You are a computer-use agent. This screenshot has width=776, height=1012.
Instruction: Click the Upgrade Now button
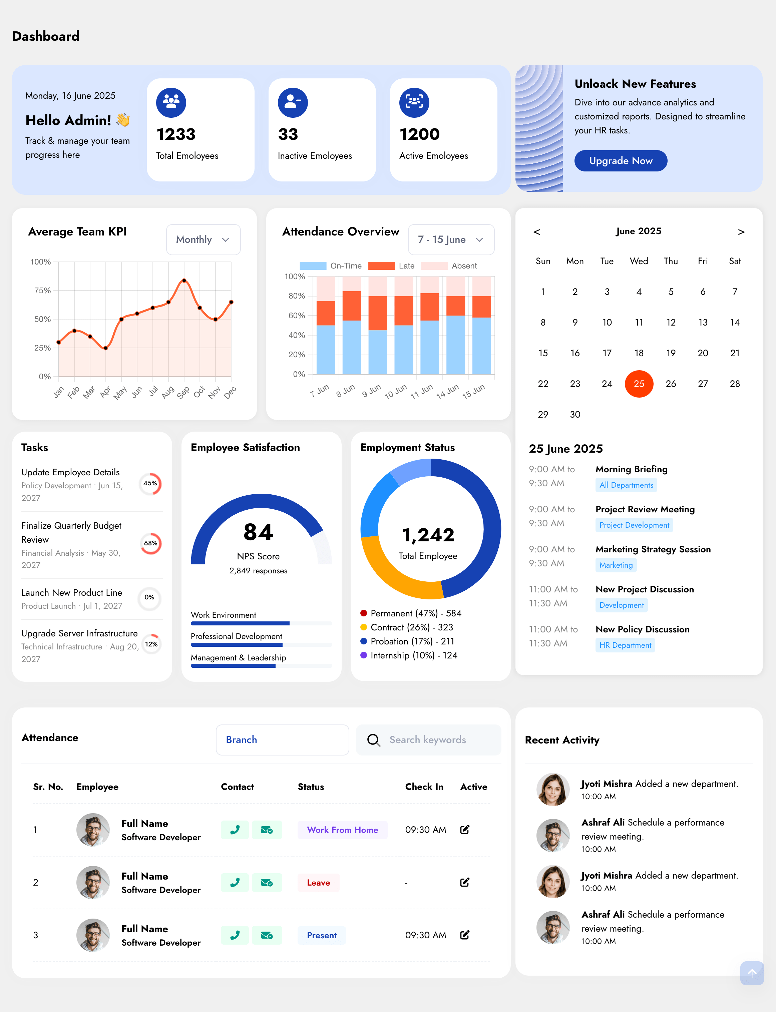(620, 161)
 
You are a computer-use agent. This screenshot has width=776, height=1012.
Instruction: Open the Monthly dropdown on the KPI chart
(203, 239)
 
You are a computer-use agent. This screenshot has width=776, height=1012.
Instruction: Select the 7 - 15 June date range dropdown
(450, 239)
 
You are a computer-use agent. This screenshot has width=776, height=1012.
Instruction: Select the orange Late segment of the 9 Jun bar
(378, 313)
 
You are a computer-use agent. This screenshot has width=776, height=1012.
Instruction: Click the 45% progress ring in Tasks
(150, 483)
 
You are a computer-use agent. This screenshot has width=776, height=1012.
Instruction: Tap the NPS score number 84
(258, 532)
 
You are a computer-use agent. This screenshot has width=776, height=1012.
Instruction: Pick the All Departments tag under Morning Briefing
(626, 485)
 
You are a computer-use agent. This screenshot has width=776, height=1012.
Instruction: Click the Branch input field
(282, 739)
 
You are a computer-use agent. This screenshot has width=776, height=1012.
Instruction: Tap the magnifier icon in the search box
(373, 740)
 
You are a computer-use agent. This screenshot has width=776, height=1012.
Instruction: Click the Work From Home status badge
(342, 830)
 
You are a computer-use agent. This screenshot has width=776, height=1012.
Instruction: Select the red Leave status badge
(318, 883)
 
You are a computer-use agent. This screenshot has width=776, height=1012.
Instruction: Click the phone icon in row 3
(235, 935)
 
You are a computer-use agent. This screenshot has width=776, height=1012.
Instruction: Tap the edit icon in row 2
(465, 882)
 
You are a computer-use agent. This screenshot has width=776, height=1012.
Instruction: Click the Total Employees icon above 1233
(171, 102)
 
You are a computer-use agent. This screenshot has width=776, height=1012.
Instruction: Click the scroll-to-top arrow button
(752, 973)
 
